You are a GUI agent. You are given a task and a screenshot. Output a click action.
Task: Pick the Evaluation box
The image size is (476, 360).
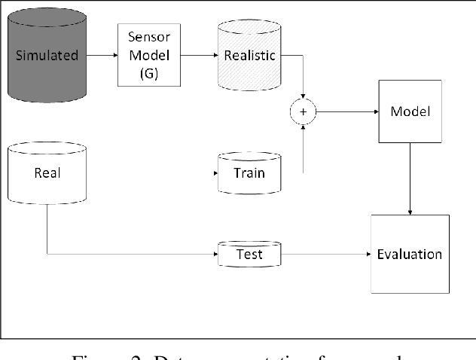click(409, 254)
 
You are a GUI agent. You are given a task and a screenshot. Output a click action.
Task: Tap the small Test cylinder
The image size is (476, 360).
click(249, 254)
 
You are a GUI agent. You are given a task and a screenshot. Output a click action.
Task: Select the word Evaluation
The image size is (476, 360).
click(409, 254)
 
